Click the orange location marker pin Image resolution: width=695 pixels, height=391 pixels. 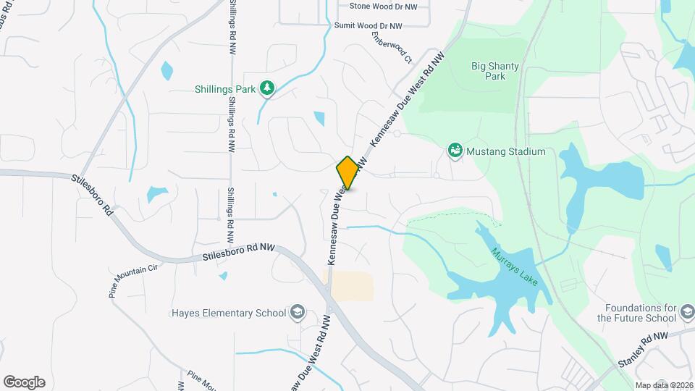[x=347, y=173]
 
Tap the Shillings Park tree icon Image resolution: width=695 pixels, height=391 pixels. [x=268, y=88]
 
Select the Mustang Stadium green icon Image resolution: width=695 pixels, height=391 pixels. [x=455, y=151]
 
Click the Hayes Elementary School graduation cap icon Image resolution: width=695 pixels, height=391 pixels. [x=296, y=313]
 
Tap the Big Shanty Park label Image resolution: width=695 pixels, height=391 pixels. [x=495, y=71]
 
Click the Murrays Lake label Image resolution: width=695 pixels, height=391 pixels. [x=514, y=266]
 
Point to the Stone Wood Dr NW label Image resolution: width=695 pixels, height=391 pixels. [x=382, y=6]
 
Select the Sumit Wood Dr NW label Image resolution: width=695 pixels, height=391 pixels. [x=368, y=25]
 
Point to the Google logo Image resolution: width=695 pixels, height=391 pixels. [x=24, y=382]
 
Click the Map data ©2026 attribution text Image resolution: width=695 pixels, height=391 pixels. [x=663, y=385]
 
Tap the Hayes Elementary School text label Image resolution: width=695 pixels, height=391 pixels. [x=229, y=314]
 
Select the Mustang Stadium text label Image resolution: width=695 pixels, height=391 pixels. [x=505, y=152]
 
